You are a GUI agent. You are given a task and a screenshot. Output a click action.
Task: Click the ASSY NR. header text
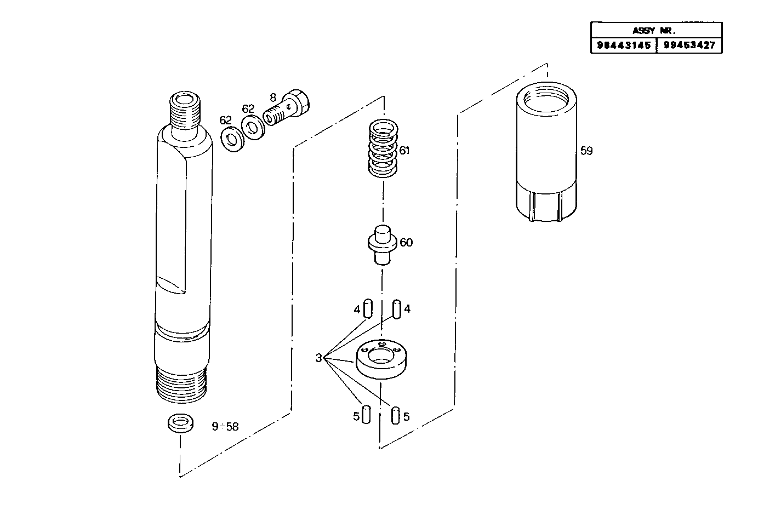point(656,31)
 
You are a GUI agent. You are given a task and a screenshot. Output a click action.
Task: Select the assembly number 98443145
point(623,45)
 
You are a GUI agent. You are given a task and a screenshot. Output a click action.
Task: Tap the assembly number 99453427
point(689,45)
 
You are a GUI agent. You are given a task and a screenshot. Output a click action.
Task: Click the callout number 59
point(586,151)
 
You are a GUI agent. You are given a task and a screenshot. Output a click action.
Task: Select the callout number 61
point(404,150)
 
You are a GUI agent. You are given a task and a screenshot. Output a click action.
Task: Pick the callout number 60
point(406,242)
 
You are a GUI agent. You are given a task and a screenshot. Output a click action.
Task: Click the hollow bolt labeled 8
point(287,109)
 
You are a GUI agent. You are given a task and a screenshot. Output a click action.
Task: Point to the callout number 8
point(272,98)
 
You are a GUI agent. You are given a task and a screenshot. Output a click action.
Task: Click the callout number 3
point(319,358)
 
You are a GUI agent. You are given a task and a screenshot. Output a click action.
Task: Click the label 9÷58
point(225,426)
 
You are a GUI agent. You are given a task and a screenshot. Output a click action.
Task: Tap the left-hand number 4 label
point(357,310)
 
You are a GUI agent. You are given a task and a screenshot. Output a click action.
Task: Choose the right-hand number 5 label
point(406,416)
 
